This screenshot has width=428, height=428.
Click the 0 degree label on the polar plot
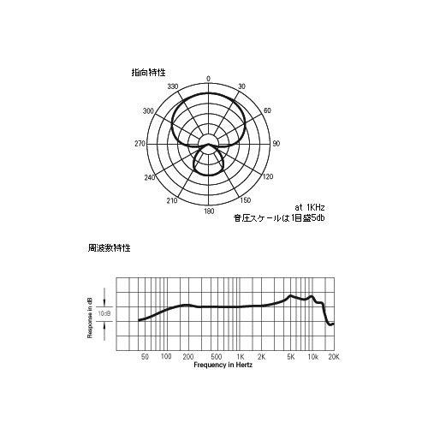point(209,79)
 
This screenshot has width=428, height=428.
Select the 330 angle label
point(173,86)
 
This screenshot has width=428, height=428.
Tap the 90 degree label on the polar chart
point(276,144)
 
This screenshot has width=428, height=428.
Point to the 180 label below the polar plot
point(209,211)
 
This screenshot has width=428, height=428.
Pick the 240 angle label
point(150,177)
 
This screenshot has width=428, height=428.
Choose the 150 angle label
point(246,200)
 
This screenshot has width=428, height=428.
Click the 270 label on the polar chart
point(140,144)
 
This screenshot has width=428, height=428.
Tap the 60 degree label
point(267,110)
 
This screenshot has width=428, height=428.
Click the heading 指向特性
point(148,73)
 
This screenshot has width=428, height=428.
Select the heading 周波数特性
point(109,248)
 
